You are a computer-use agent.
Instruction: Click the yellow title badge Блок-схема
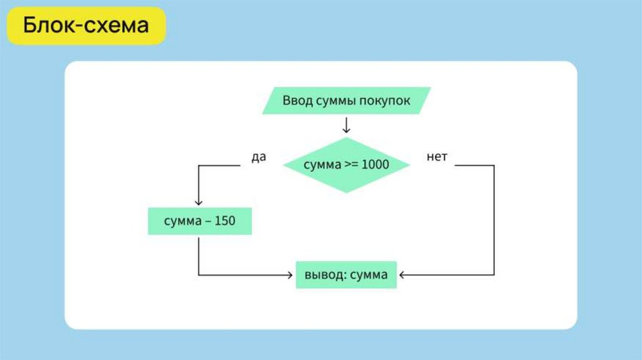(x=87, y=26)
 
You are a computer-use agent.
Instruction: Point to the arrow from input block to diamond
(x=346, y=125)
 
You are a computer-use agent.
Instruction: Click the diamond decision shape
(x=346, y=165)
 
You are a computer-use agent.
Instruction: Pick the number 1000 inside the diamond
(x=376, y=165)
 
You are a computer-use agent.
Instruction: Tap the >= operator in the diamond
(x=352, y=165)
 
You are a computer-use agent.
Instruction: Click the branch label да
(x=259, y=157)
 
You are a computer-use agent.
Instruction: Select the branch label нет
(x=437, y=157)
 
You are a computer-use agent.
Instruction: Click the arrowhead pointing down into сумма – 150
(x=199, y=202)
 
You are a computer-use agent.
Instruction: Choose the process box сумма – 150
(x=199, y=221)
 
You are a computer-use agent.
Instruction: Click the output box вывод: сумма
(x=346, y=275)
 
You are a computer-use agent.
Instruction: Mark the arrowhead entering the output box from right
(x=403, y=275)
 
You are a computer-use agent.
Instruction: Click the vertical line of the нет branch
(x=494, y=220)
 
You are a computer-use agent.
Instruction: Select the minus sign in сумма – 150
(x=206, y=221)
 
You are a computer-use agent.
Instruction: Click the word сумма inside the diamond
(x=322, y=165)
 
